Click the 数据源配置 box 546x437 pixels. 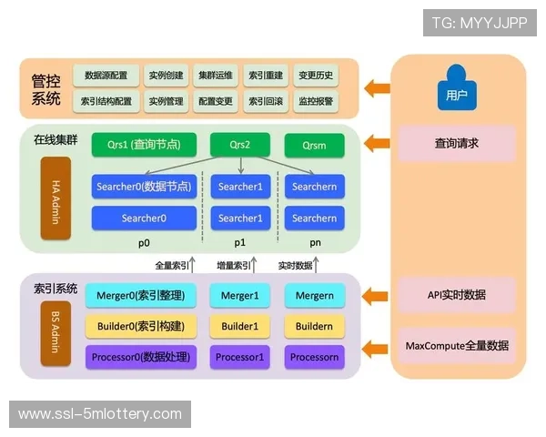[x=106, y=76]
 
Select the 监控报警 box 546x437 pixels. [x=315, y=101]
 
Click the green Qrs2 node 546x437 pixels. [x=239, y=145]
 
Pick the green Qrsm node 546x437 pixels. [x=314, y=145]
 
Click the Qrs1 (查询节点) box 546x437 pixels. [x=143, y=145]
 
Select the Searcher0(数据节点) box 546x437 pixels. [x=143, y=187]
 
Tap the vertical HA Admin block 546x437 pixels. [x=56, y=198]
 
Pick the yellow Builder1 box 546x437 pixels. [x=239, y=326]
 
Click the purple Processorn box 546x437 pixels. [x=314, y=357]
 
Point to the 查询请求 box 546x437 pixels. [x=456, y=144]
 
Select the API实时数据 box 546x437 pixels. [x=456, y=295]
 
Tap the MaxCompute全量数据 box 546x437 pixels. [x=456, y=346]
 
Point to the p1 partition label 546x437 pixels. [x=239, y=243]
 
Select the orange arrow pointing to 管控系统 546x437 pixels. [x=376, y=88]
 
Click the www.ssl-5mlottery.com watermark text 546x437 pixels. [x=100, y=414]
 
